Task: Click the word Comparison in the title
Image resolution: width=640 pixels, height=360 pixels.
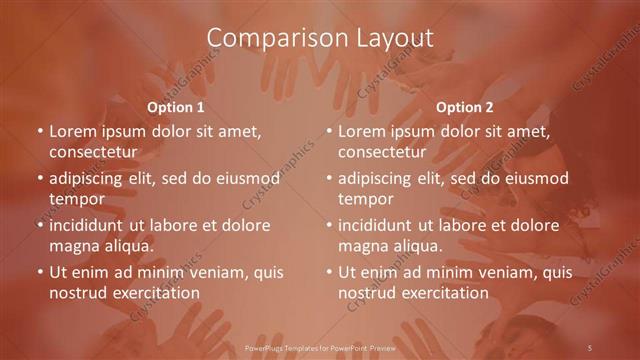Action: coord(269,38)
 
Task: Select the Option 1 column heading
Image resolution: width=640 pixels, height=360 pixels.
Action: coord(176,106)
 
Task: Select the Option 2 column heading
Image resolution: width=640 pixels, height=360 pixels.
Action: coord(465,106)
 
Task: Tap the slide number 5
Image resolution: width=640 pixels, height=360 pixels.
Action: coord(590,346)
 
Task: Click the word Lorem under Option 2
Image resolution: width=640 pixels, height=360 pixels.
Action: coord(362,131)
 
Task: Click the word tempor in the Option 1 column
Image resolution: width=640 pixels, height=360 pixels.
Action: coord(73,199)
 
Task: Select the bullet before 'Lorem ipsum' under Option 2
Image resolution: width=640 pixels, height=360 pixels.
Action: coord(328,131)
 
